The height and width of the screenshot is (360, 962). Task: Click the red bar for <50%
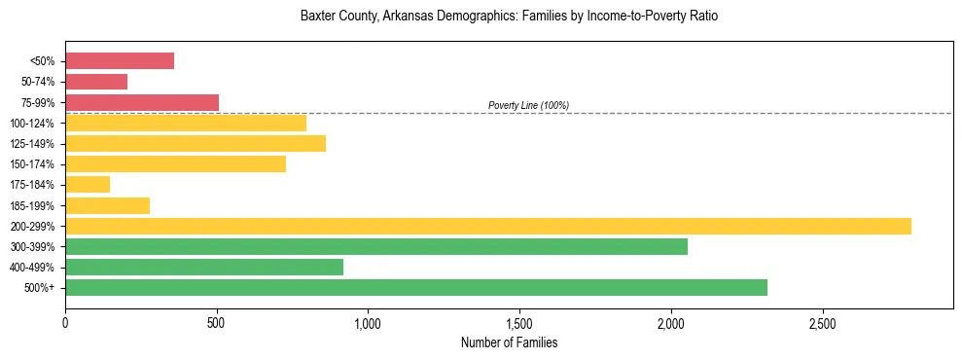coord(120,61)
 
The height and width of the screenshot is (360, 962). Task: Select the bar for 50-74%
coord(96,82)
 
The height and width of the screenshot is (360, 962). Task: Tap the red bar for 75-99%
coord(142,102)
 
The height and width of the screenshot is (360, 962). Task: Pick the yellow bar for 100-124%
coord(186,123)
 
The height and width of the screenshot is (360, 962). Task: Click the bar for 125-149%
coord(196,144)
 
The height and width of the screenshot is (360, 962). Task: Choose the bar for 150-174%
coord(175,164)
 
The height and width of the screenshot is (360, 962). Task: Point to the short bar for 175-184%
coord(88,185)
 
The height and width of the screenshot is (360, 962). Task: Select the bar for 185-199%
coord(107,205)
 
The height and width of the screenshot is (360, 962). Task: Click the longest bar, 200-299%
coord(488,226)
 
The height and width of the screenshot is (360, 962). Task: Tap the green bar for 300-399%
coord(376,246)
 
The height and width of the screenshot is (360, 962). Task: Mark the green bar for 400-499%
coord(204,267)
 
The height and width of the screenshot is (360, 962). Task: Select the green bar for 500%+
coord(416,287)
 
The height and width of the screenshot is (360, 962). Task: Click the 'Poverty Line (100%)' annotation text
coord(528,105)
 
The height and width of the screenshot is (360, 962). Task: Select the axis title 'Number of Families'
coord(509,342)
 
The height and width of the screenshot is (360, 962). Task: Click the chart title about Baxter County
coord(509,17)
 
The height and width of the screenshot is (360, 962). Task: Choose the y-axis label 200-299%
coord(33,226)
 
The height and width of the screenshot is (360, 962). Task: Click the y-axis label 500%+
coord(40,288)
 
